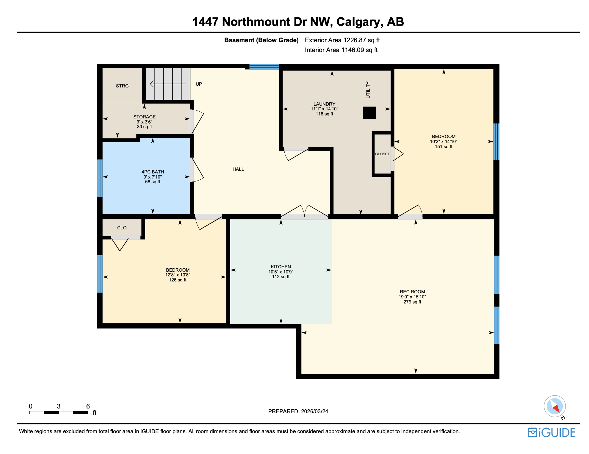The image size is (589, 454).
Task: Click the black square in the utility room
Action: pos(369,113)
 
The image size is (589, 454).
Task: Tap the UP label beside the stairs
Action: pos(199,84)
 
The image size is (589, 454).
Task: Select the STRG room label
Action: pos(122,86)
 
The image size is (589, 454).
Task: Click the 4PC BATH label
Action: pos(153,172)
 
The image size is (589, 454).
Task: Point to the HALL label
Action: pos(238,169)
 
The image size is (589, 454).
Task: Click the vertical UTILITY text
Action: pos(368,90)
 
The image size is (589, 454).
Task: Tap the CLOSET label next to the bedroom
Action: pos(382,154)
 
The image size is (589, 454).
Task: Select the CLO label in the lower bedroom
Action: pos(122,228)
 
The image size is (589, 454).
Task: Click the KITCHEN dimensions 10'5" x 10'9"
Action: pos(281,272)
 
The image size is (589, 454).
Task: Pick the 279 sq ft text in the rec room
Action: pos(412,302)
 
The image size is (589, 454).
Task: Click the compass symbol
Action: pos(554,406)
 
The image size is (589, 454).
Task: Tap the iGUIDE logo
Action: pos(552,433)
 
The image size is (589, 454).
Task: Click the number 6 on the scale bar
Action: pos(88,406)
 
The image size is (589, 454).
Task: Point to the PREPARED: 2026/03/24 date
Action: pos(298,411)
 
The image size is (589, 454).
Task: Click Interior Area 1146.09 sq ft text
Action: pos(341,50)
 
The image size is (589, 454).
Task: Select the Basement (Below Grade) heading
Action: pos(261,40)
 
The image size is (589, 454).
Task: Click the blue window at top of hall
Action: pos(264,67)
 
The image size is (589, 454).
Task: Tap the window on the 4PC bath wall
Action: pos(100,178)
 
